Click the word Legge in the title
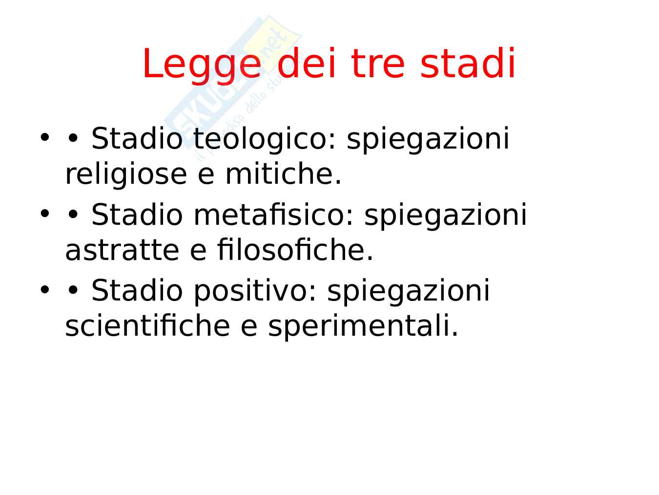[202, 65]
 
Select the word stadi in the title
[468, 63]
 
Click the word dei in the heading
[306, 63]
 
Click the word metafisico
[273, 215]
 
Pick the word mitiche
[284, 174]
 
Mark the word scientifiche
[147, 325]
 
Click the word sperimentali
[363, 327]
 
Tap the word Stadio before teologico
[137, 139]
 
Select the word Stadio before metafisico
[137, 215]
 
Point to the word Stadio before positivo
[137, 290]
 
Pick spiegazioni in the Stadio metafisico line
[446, 215]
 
